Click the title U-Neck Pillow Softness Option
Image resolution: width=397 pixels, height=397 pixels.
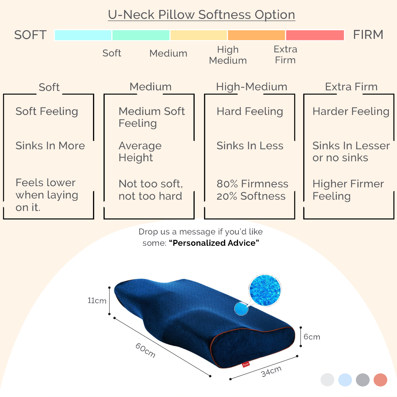(x=202, y=15)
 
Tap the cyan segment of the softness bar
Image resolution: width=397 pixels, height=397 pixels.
(x=83, y=35)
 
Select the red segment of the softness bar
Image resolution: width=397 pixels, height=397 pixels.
(x=315, y=35)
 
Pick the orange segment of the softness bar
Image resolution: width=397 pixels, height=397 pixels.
(x=257, y=35)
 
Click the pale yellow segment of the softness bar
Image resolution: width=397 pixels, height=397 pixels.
(x=199, y=35)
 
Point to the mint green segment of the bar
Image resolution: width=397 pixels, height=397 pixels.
(x=141, y=35)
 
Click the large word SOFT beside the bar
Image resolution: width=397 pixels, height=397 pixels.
(x=30, y=35)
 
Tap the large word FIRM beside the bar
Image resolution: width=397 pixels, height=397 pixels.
(x=368, y=35)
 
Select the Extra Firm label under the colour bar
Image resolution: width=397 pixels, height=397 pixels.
(x=285, y=55)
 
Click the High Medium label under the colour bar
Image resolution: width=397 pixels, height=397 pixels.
(x=228, y=55)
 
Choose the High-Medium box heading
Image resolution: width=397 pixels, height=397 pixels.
(x=252, y=87)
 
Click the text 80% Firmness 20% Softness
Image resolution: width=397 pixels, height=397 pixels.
(x=252, y=190)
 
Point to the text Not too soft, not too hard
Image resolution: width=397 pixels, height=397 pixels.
(x=151, y=190)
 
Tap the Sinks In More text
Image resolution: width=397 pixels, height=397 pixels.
(x=50, y=146)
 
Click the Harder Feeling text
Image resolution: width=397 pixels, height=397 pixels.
(x=351, y=111)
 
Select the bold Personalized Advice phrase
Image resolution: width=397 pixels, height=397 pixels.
(x=214, y=243)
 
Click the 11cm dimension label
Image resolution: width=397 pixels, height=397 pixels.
(x=97, y=300)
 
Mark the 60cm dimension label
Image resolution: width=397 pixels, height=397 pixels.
(x=145, y=350)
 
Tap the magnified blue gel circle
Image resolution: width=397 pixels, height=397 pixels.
(x=265, y=290)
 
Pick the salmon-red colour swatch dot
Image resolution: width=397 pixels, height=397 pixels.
(x=380, y=380)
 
